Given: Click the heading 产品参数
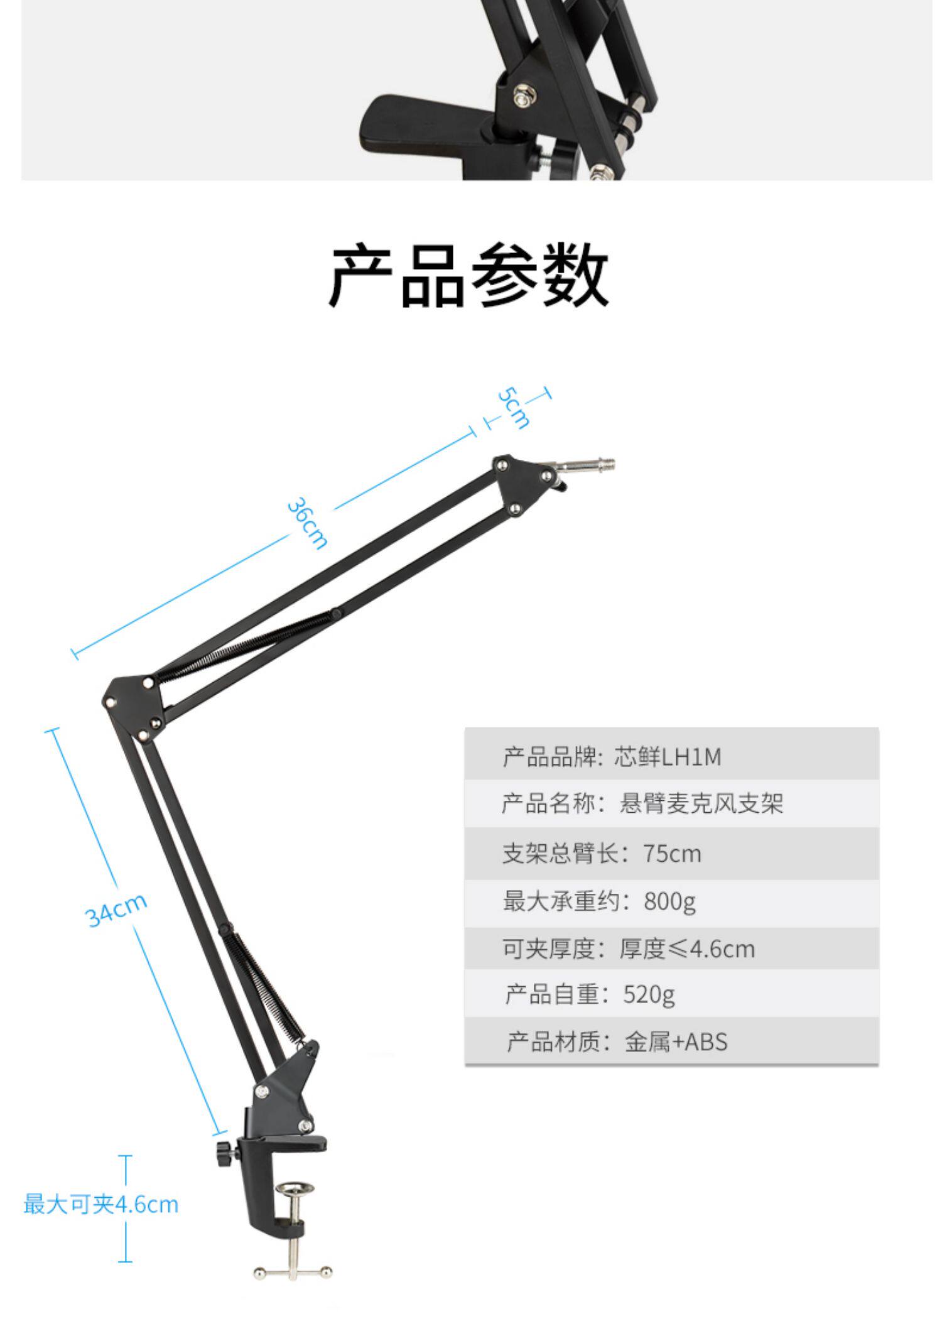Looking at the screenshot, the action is coord(469,275).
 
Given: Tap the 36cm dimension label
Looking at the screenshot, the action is coord(306,523).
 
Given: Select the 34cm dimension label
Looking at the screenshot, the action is coord(117,910).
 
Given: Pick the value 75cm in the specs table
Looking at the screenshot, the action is coord(671,854).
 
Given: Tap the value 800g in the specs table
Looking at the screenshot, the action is coord(669,901).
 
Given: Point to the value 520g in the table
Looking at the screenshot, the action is coord(649,994).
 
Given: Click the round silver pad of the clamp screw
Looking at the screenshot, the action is coord(295,1189).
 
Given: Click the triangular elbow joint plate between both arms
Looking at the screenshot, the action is coord(134,704).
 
